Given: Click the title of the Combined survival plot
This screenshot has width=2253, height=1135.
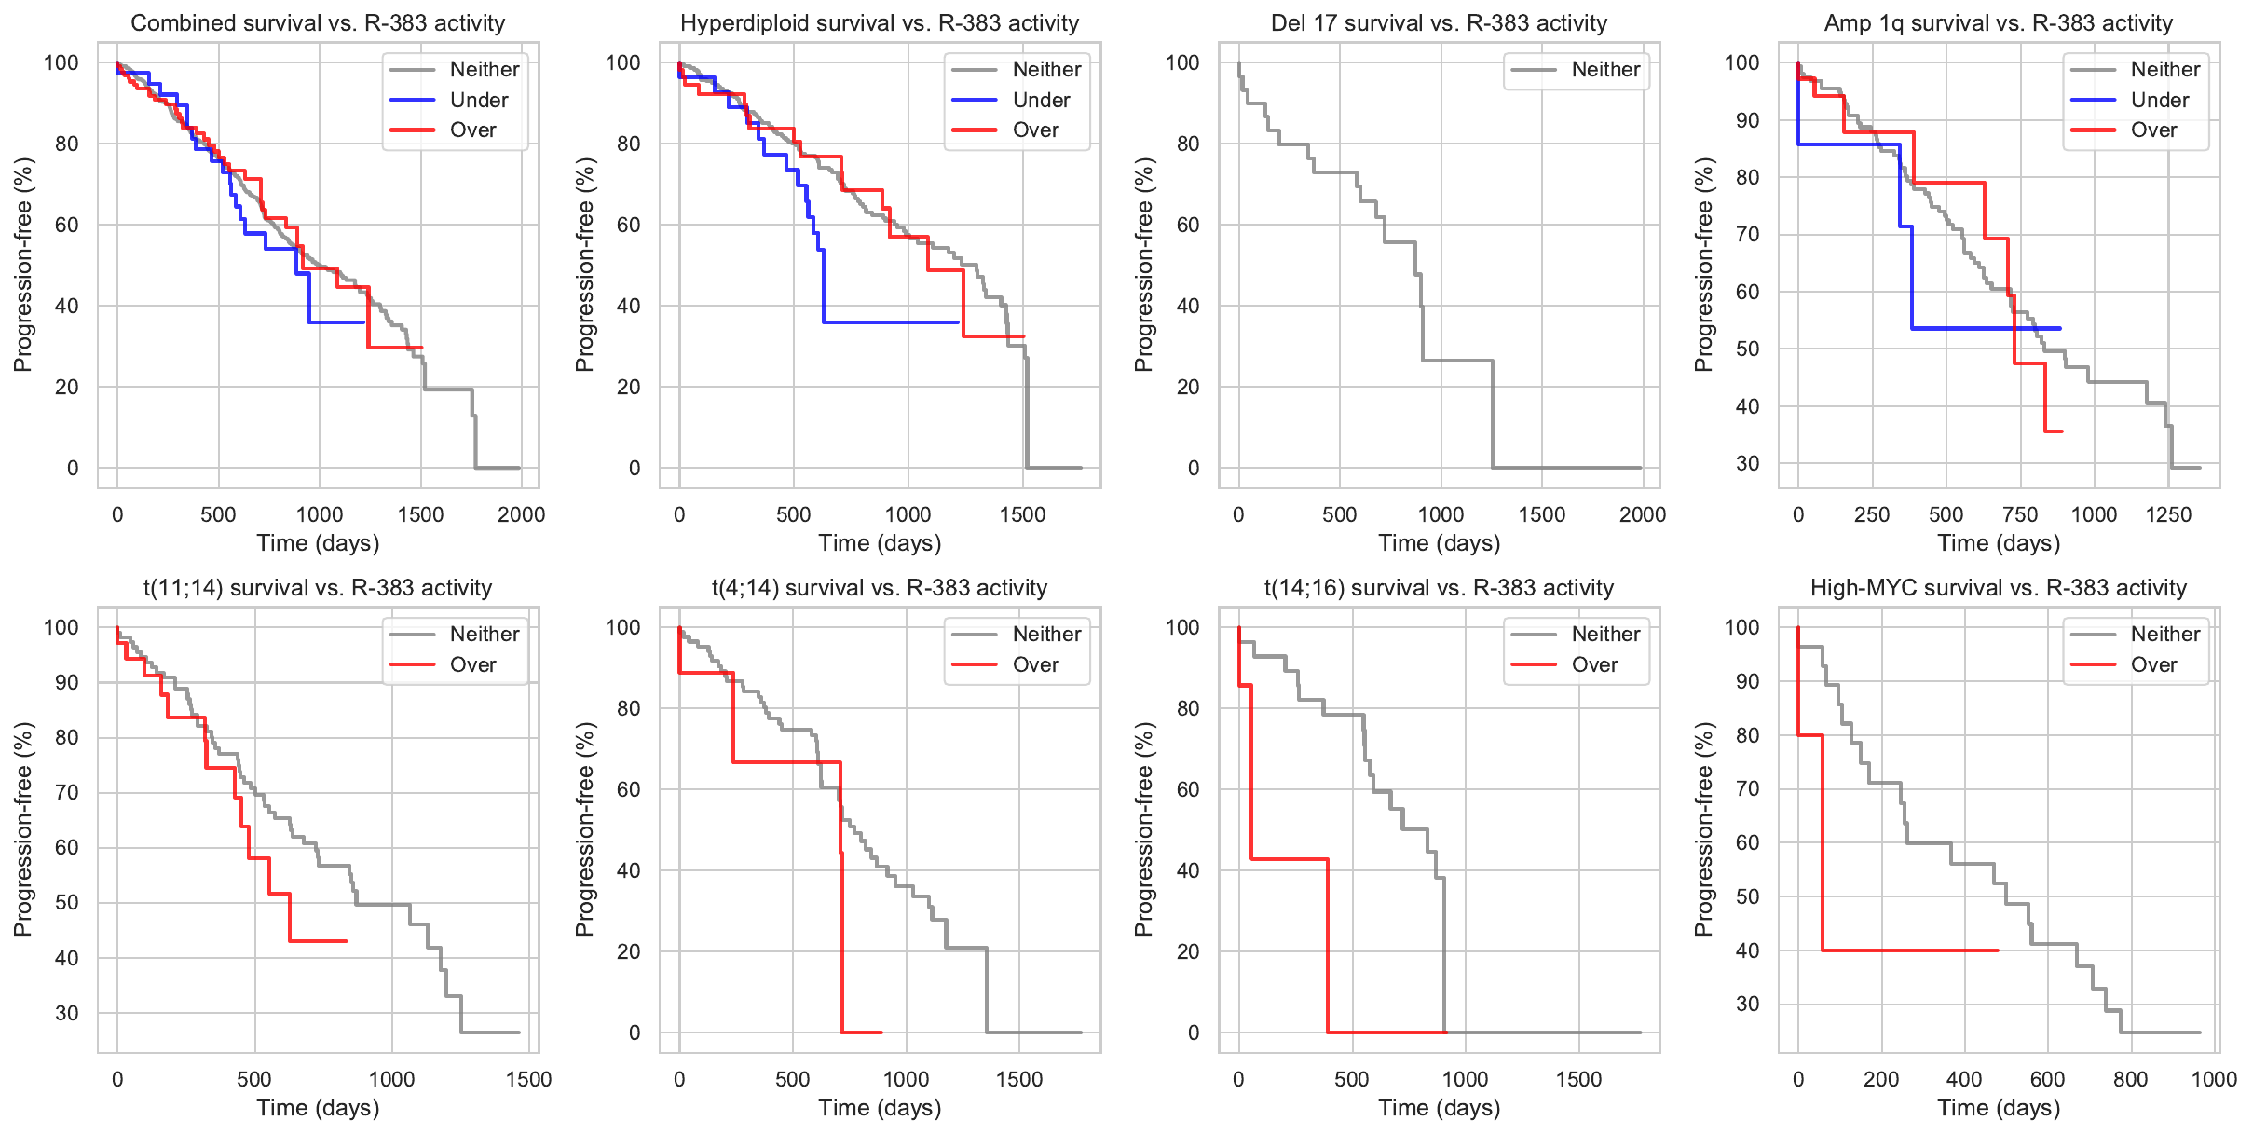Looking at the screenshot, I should [x=318, y=23].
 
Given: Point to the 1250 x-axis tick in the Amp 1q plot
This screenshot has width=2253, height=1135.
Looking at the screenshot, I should [x=2168, y=514].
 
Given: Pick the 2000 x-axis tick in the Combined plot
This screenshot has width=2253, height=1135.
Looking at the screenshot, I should [x=521, y=514].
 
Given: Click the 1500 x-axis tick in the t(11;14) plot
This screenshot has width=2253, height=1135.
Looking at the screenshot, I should [x=528, y=1079].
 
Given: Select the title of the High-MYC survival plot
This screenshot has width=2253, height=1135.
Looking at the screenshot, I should [x=1998, y=588].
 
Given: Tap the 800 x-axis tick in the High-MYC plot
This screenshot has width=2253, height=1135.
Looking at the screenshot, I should [x=2130, y=1079].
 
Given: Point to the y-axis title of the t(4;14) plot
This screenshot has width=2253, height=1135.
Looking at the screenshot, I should [x=585, y=829].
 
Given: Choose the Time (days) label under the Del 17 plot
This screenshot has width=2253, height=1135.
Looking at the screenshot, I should [x=1439, y=543].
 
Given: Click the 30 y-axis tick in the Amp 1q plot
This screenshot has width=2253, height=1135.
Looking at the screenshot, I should [x=1747, y=463].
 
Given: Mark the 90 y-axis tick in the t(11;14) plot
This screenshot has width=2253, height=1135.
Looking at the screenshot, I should [x=67, y=682].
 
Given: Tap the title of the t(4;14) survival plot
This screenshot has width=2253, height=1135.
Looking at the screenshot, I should [x=880, y=588].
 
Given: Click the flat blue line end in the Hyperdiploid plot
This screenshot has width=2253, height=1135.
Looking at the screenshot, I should [x=957, y=322].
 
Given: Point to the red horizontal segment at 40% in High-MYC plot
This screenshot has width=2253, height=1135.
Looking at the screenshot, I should [x=1910, y=950].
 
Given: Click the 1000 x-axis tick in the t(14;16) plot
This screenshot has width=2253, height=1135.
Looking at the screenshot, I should [x=1465, y=1079].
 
